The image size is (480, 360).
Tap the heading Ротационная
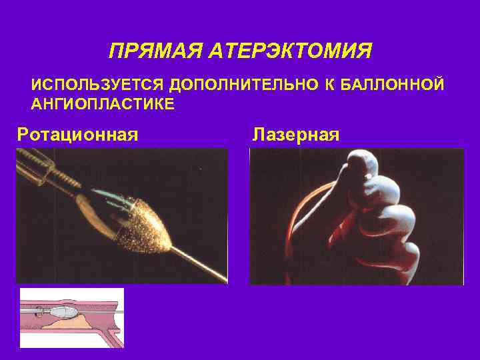tap(77, 135)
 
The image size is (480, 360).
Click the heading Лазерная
tap(296, 135)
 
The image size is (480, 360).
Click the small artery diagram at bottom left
tap(72, 317)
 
